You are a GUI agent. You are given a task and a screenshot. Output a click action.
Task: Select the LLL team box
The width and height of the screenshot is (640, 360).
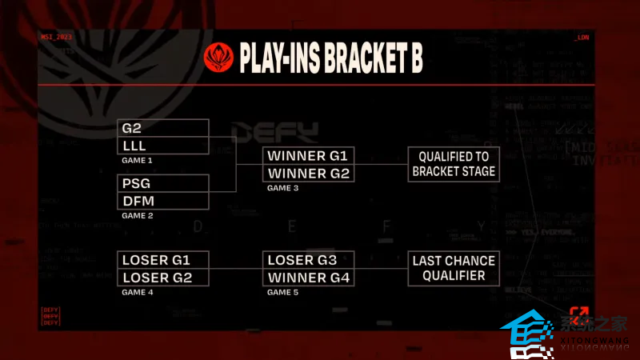pyautogui.click(x=164, y=146)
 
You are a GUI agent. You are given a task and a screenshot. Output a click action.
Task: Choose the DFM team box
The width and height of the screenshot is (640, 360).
pyautogui.click(x=164, y=201)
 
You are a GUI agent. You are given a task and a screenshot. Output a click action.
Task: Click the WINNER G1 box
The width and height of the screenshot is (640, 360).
pyautogui.click(x=309, y=156)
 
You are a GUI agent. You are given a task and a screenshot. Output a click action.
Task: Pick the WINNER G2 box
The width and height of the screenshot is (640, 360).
pyautogui.click(x=309, y=174)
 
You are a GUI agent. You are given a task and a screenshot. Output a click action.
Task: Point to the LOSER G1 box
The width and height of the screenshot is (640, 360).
pyautogui.click(x=164, y=260)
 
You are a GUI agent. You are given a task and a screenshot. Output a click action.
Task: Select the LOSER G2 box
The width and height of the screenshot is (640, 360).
pyautogui.click(x=164, y=278)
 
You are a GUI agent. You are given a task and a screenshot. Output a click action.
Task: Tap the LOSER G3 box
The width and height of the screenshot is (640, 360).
pyautogui.click(x=309, y=260)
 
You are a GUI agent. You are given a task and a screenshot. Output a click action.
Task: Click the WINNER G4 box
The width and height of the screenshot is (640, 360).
pyautogui.click(x=309, y=278)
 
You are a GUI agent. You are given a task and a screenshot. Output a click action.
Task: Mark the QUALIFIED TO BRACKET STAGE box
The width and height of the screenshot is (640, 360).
pyautogui.click(x=454, y=164)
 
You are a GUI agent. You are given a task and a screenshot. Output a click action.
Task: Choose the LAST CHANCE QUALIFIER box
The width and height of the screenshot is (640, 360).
pyautogui.click(x=454, y=268)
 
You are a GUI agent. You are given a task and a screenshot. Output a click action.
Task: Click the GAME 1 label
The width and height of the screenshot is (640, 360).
pyautogui.click(x=137, y=160)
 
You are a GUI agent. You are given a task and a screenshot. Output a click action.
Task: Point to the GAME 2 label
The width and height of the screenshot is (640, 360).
pyautogui.click(x=137, y=215)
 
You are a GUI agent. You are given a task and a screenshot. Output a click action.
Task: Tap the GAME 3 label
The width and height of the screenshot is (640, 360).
pyautogui.click(x=282, y=188)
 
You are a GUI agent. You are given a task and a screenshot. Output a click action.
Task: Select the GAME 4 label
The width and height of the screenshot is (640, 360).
pyautogui.click(x=137, y=292)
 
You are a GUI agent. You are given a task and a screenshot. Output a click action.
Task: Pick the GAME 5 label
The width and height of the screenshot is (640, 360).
pyautogui.click(x=282, y=292)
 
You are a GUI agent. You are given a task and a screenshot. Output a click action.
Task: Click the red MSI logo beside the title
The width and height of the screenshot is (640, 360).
pyautogui.click(x=218, y=58)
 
